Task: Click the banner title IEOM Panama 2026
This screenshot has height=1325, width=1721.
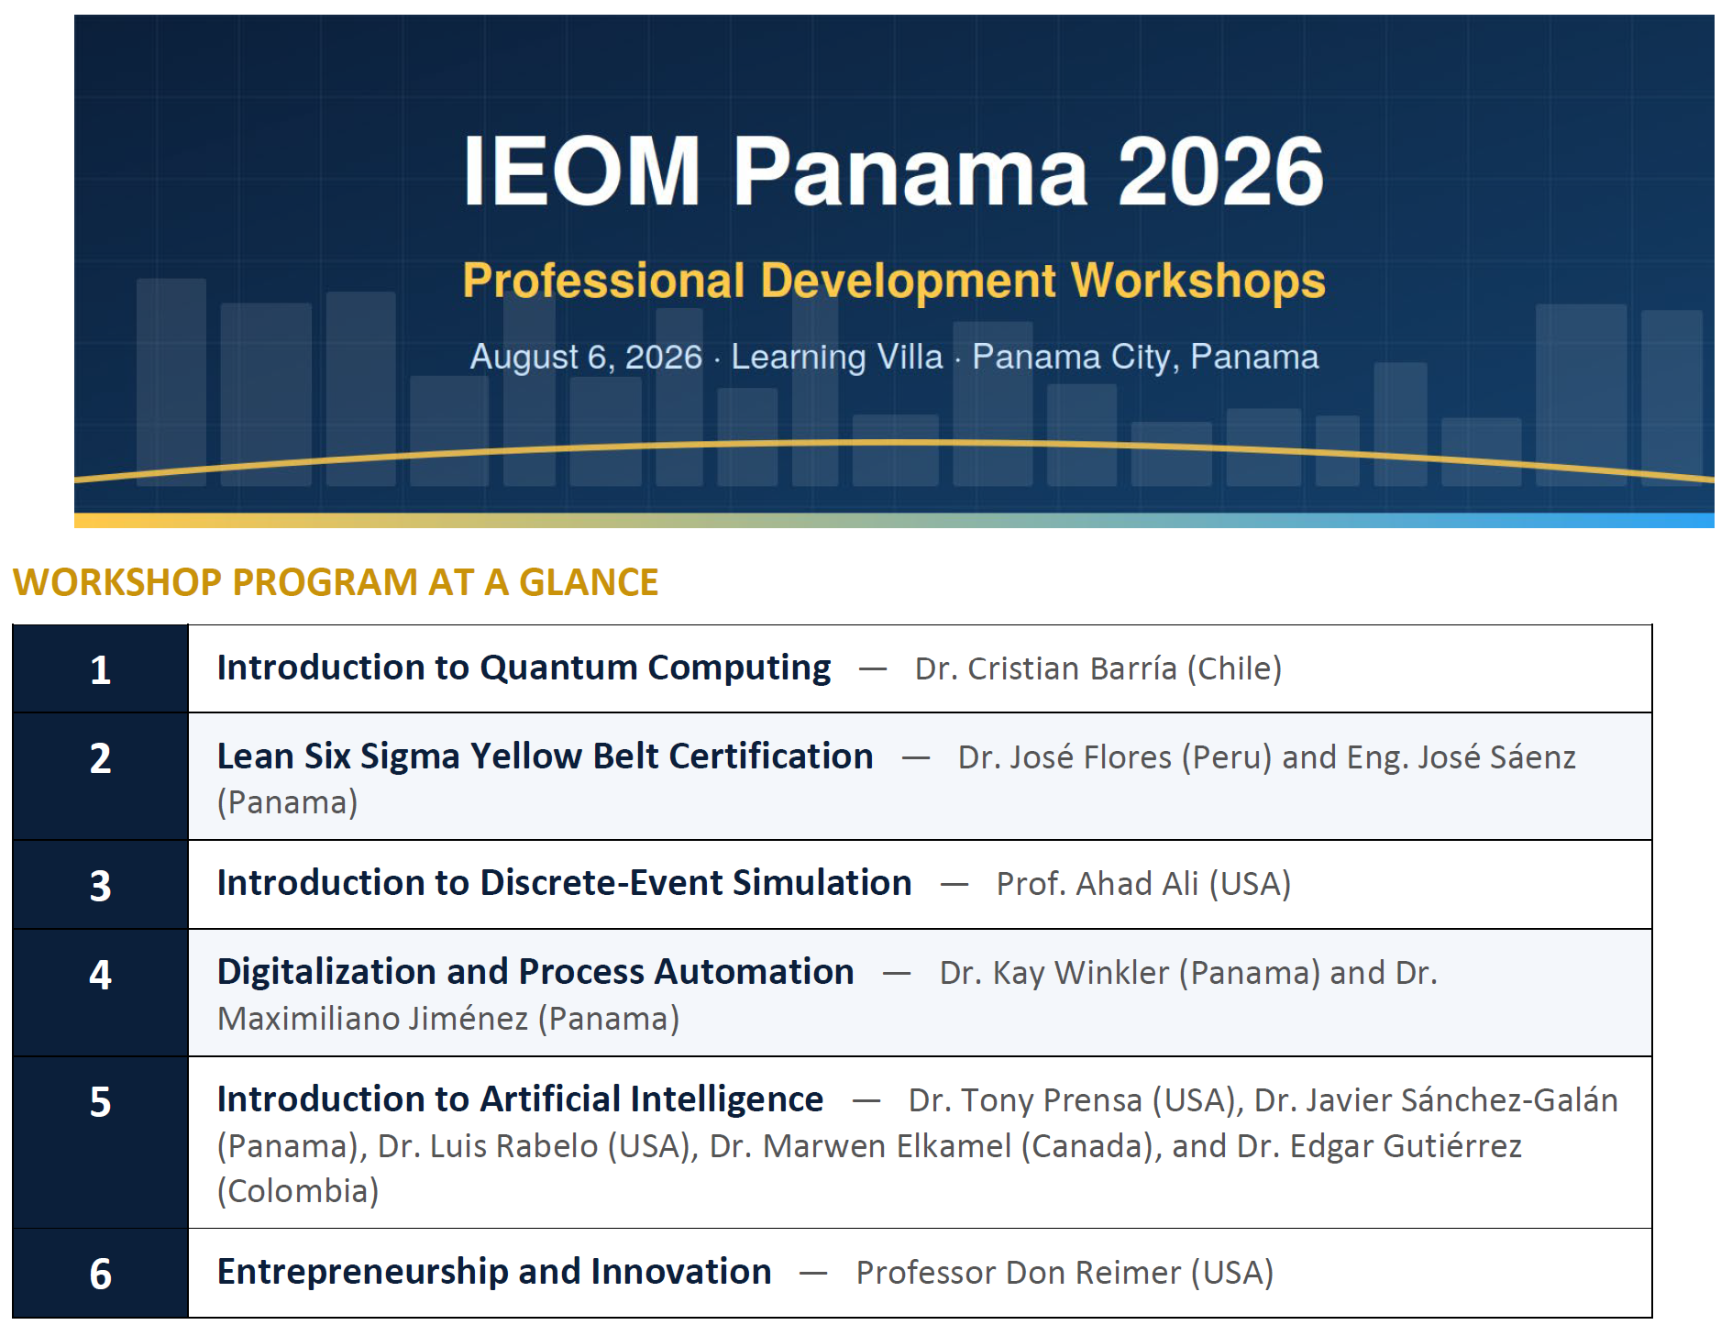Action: click(x=893, y=171)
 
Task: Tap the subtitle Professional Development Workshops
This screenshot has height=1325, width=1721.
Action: click(x=894, y=281)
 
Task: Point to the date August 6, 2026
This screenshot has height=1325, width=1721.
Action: click(x=586, y=357)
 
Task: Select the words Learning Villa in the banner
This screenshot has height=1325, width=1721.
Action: click(x=836, y=356)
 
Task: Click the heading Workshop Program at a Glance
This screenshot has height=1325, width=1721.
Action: click(x=336, y=582)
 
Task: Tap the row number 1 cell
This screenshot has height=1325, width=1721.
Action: click(x=101, y=669)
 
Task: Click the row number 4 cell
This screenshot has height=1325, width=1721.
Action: click(x=101, y=992)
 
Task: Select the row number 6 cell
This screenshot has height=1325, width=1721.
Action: click(x=101, y=1274)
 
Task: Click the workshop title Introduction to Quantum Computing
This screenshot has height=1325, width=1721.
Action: click(x=524, y=668)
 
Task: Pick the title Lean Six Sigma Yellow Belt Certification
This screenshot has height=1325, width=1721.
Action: click(x=545, y=756)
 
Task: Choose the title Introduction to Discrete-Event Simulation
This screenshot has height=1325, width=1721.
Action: click(x=564, y=883)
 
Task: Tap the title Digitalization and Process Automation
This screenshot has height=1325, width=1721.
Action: click(x=535, y=972)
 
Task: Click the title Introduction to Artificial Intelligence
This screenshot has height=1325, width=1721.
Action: click(x=520, y=1099)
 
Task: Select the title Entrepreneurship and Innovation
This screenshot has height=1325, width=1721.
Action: click(x=494, y=1272)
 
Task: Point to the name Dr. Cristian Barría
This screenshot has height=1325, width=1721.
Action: click(x=1045, y=668)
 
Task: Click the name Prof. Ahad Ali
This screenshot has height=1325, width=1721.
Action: click(x=1098, y=884)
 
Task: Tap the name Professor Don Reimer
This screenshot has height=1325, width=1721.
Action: click(x=1019, y=1273)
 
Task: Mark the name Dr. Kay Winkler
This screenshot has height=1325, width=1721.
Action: click(x=1054, y=973)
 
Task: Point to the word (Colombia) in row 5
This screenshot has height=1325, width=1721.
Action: click(x=298, y=1191)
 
